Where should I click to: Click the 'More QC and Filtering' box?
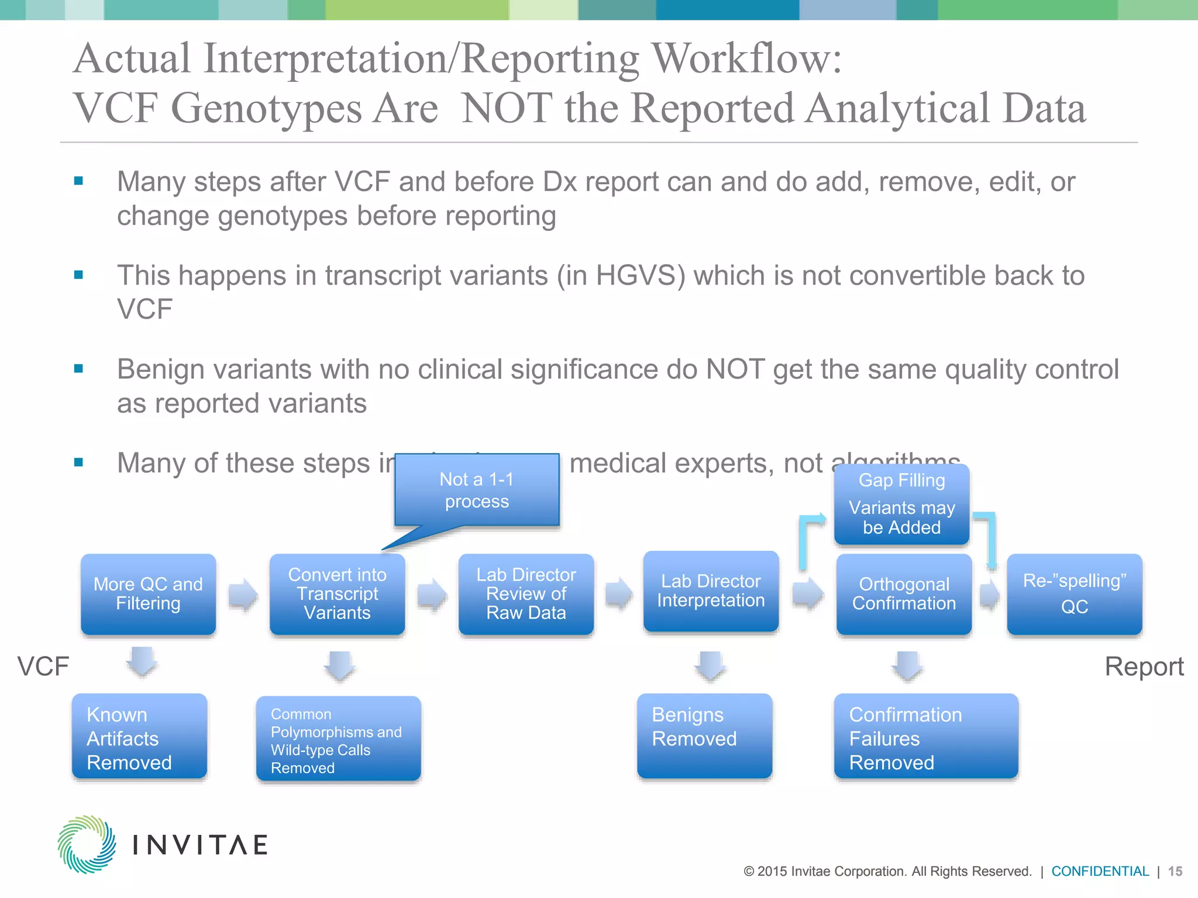[148, 594]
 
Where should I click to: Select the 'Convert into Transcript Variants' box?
[337, 594]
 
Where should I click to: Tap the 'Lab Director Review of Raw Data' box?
[526, 594]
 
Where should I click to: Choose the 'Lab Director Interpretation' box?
[711, 591]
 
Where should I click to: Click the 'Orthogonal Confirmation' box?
[904, 594]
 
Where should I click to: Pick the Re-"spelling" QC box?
[1074, 594]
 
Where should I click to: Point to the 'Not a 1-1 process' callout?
[477, 490]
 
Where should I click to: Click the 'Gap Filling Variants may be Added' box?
[901, 505]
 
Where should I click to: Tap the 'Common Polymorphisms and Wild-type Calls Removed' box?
[338, 739]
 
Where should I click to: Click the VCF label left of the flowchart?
[43, 666]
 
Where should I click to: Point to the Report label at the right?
[1144, 666]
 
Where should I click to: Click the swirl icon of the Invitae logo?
[87, 844]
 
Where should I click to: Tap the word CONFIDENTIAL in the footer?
[1100, 871]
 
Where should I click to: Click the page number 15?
[1175, 871]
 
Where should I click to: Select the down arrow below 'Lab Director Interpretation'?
[710, 666]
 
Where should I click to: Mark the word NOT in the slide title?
[507, 109]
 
